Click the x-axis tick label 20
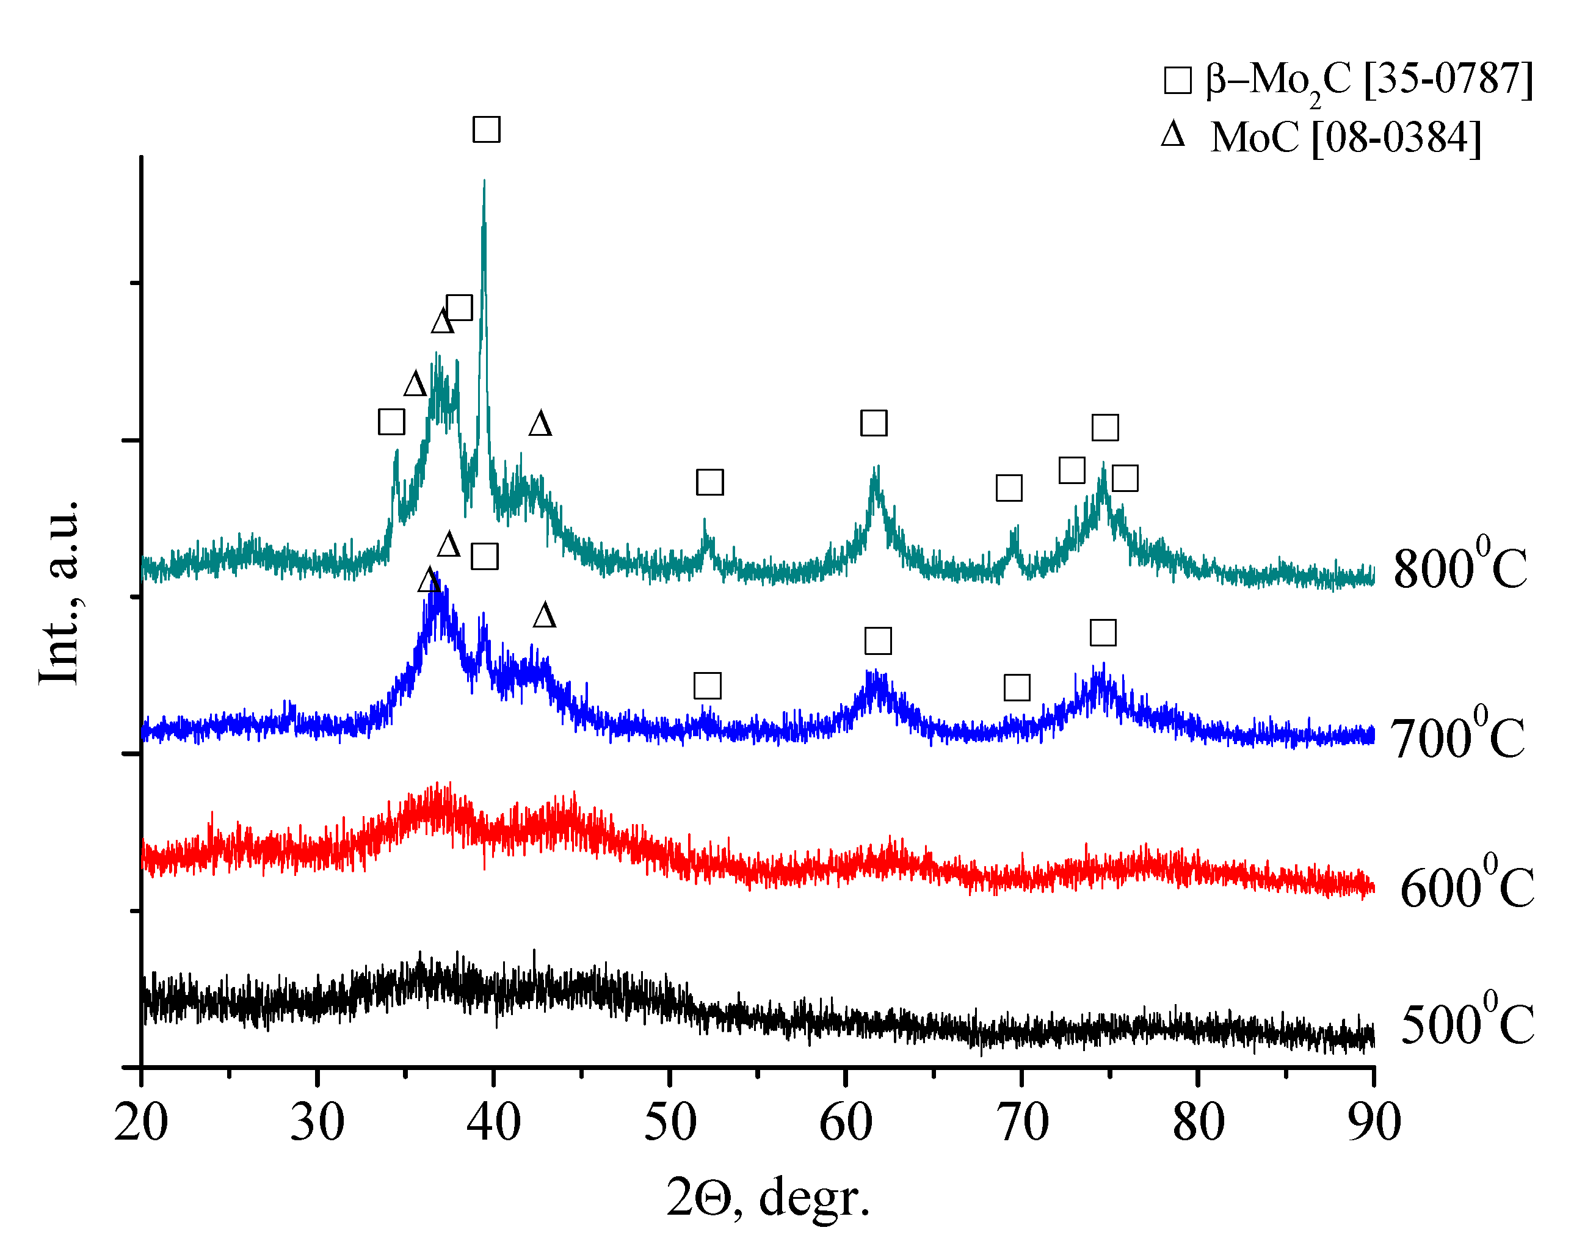pos(141,1123)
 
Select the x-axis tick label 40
pos(493,1123)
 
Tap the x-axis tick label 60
pos(846,1123)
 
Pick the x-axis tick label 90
pos(1374,1123)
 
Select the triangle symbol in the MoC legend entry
pos(1173,135)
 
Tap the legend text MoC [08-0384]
pos(1345,137)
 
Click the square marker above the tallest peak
pos(487,129)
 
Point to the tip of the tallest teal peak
pos(484,181)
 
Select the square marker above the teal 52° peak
pos(709,482)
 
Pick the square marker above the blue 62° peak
pos(877,641)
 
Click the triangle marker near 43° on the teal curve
pos(540,424)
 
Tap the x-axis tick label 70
pos(1022,1123)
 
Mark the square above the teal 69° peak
pos(1009,488)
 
